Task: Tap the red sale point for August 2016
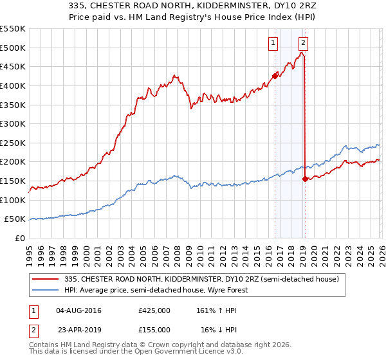[x=275, y=76]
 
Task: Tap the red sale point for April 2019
[x=305, y=179]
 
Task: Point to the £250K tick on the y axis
[x=14, y=143]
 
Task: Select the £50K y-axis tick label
[x=16, y=219]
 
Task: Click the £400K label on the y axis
[x=14, y=85]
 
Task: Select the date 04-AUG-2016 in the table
[x=78, y=310]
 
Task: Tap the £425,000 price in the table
[x=154, y=310]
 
